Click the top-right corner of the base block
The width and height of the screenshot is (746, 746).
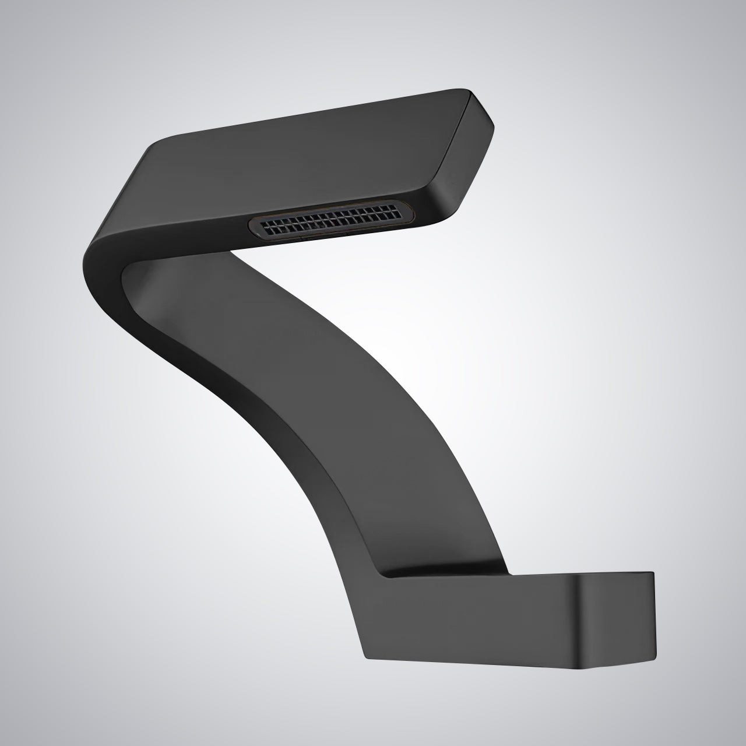(653, 573)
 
